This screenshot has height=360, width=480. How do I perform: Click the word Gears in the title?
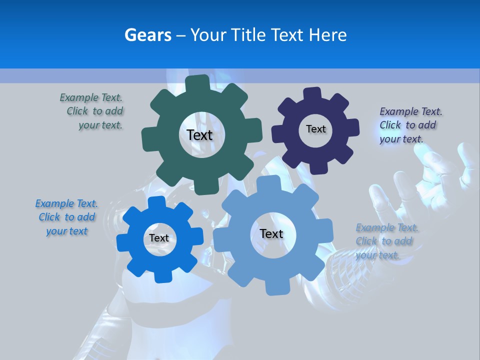click(x=147, y=35)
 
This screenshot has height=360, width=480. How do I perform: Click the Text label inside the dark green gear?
click(x=199, y=135)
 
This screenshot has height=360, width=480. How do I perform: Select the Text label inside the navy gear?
click(x=315, y=129)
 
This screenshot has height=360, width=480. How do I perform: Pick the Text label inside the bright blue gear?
click(x=159, y=238)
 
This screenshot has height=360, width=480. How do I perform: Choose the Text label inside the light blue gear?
click(x=271, y=233)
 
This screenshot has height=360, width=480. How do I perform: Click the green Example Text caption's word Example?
click(x=79, y=97)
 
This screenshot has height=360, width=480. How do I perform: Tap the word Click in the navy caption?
click(x=390, y=125)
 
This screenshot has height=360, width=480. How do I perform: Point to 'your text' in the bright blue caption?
click(x=66, y=231)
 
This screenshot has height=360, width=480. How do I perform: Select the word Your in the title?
click(x=209, y=35)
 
